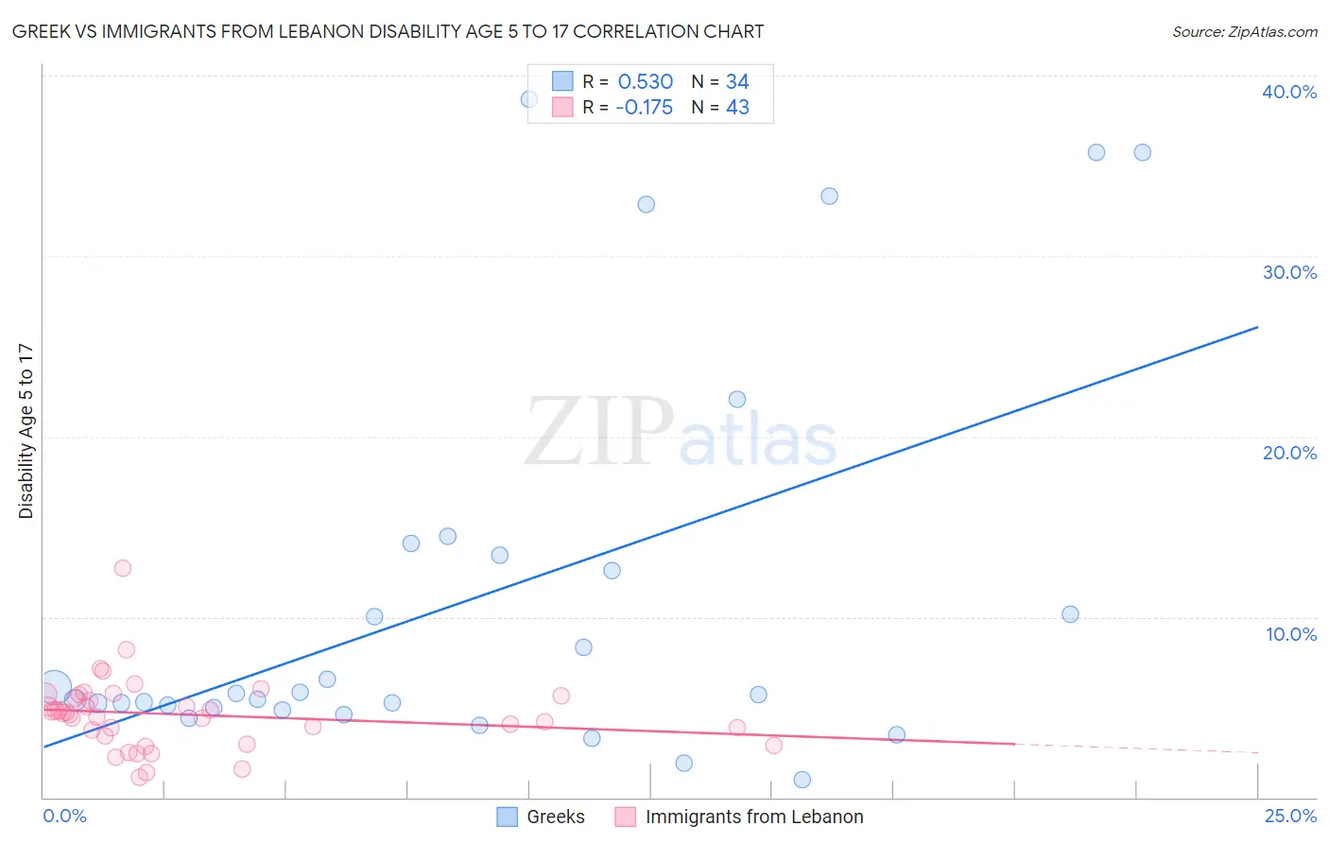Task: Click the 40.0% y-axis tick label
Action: pos(1289,92)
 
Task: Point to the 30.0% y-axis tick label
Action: pos(1289,272)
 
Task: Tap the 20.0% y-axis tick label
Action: pos(1289,453)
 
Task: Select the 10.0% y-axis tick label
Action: pos(1291,634)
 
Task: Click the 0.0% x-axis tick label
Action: pos(64,816)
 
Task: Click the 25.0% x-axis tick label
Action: pos(1290,816)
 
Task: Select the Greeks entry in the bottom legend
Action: pos(555,817)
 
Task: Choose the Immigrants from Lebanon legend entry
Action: pos(753,817)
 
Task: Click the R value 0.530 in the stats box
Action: pos(645,82)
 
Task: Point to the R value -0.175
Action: pos(644,108)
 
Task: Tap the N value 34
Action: pos(737,82)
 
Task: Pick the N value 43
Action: pos(737,108)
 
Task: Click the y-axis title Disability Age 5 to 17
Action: pos(26,431)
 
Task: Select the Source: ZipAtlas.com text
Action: pos(1244,32)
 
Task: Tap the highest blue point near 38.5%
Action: pos(529,99)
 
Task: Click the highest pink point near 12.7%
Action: pos(123,568)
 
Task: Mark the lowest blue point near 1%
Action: pos(803,780)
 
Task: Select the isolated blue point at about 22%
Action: pos(737,399)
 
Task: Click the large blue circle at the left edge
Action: pos(55,688)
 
